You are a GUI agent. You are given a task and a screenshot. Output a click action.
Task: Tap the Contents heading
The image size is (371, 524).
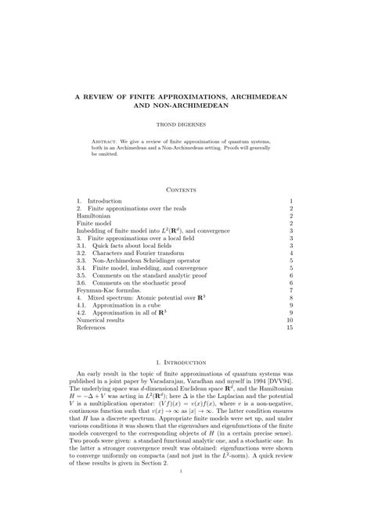click(185, 190)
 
